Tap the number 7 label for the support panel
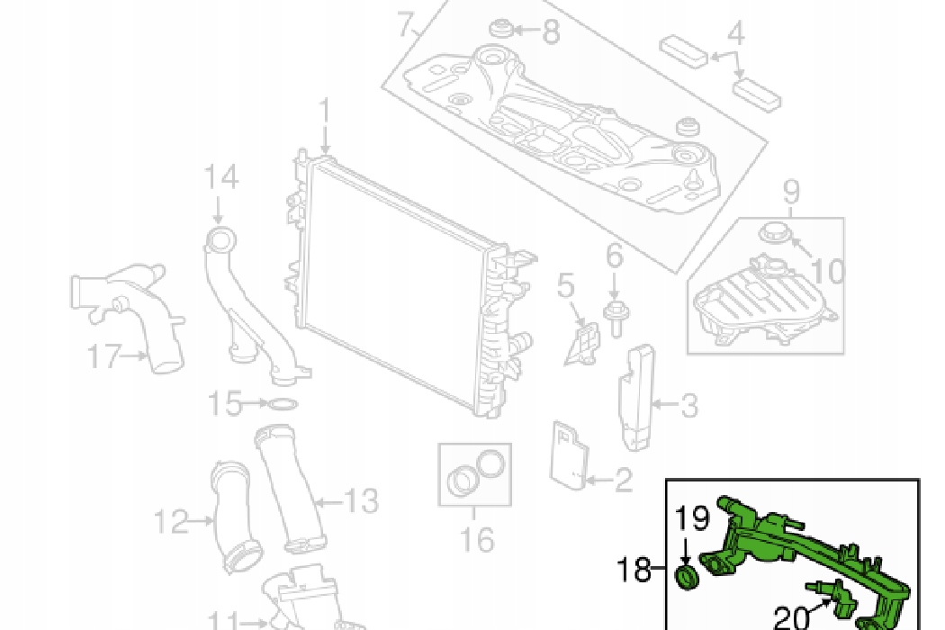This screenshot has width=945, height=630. (407, 26)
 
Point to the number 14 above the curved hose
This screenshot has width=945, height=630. (220, 176)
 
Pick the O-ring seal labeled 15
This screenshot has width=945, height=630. (282, 404)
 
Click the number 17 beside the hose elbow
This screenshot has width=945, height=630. (103, 357)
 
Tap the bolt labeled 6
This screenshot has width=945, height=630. (615, 317)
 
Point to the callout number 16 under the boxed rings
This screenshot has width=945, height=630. (476, 539)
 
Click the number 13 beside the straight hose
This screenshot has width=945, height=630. (360, 500)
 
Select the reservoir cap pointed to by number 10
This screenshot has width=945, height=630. (772, 233)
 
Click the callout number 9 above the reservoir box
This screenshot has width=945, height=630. (791, 192)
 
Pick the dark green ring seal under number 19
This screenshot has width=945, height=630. (688, 579)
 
